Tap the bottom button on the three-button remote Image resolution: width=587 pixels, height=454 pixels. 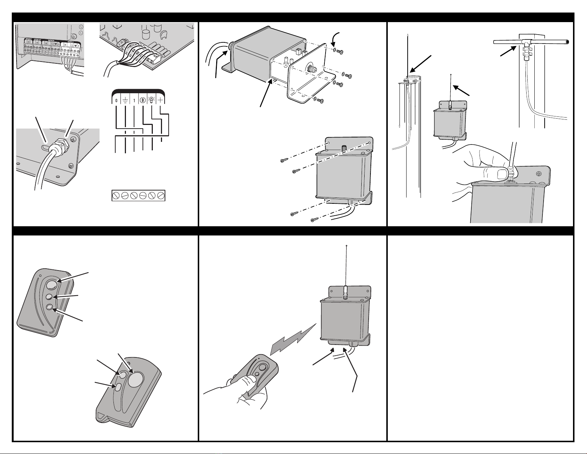pos(49,307)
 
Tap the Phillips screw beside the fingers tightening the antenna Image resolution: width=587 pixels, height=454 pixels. pos(539,174)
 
